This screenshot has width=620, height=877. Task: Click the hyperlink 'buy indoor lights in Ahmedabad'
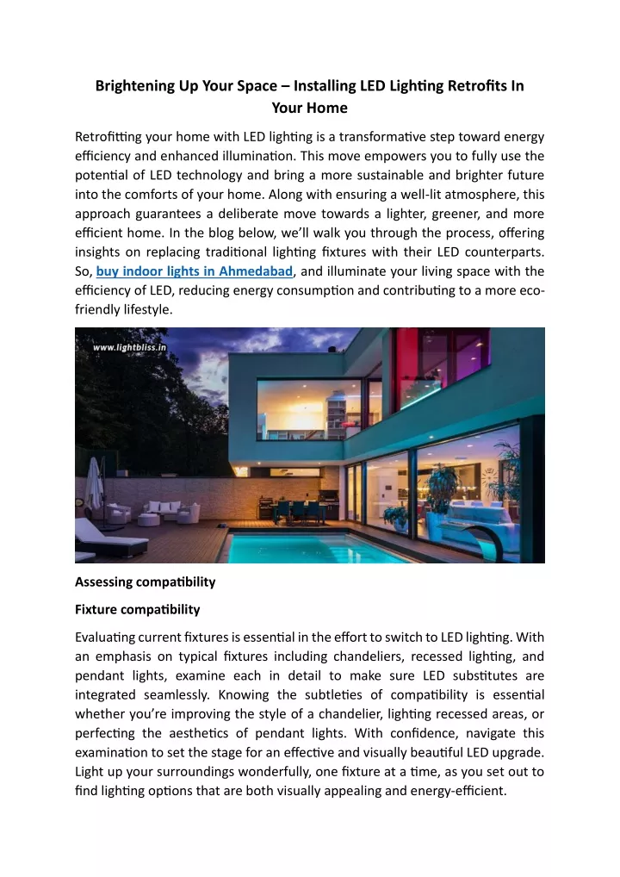pyautogui.click(x=195, y=272)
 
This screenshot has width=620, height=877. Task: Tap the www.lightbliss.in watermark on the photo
pyautogui.click(x=129, y=347)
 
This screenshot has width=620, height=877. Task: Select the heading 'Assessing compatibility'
pyautogui.click(x=145, y=582)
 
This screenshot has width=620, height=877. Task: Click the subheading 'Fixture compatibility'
pyautogui.click(x=137, y=609)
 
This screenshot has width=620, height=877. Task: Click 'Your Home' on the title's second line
pyautogui.click(x=309, y=108)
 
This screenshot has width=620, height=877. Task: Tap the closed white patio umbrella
pyautogui.click(x=93, y=487)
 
